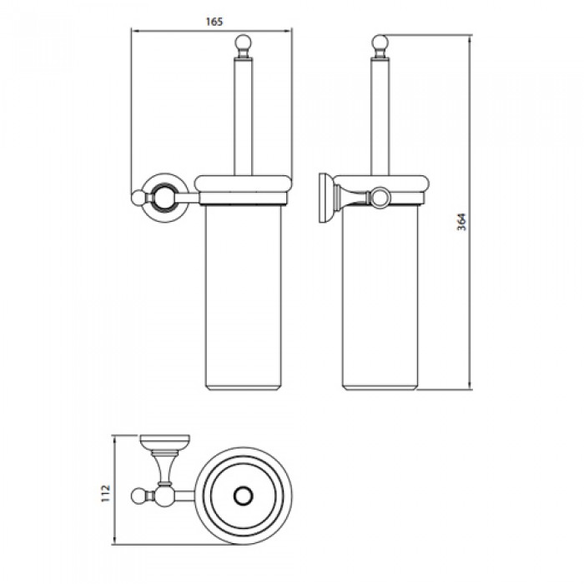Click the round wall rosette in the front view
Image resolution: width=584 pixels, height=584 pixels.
[x=164, y=197]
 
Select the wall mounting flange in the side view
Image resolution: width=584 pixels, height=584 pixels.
[x=325, y=199]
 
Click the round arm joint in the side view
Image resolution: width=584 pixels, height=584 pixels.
[x=380, y=198]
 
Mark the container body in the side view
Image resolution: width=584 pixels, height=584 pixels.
[x=380, y=292]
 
